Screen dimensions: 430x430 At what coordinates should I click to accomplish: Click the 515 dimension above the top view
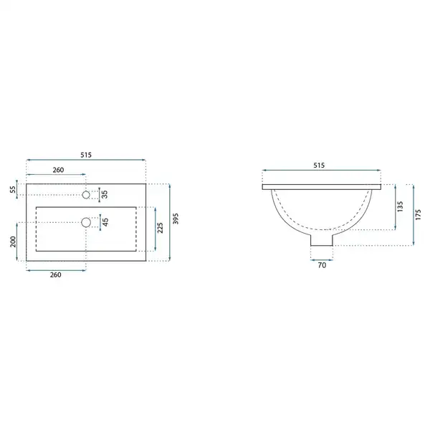[86, 155]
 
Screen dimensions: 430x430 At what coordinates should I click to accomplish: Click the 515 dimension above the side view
[319, 165]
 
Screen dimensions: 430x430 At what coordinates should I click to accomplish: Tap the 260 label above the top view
[58, 170]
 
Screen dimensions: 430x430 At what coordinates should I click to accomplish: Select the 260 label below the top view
[55, 274]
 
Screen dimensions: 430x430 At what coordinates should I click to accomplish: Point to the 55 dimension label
[13, 189]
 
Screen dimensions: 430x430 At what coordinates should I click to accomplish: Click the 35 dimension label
[105, 194]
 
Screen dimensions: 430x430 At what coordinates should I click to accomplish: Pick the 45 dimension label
[105, 222]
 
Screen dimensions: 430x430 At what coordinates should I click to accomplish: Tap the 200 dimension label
[13, 242]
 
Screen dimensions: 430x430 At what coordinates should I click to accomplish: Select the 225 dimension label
[160, 228]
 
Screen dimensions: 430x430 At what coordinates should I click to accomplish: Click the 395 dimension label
[176, 219]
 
